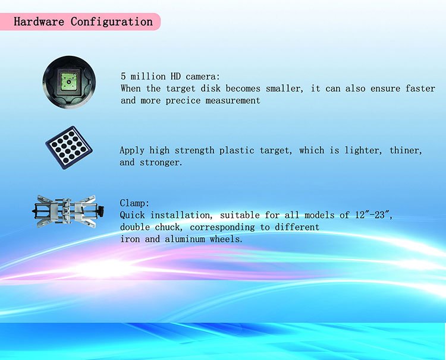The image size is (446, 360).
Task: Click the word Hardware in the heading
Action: [39, 21]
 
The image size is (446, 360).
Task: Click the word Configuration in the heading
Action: [112, 21]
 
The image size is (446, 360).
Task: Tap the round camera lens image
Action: [69, 82]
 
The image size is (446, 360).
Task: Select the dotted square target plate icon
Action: [69, 148]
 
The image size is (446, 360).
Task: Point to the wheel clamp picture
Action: [68, 211]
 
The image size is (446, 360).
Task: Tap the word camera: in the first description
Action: [203, 77]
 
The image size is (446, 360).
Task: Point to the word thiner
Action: [406, 150]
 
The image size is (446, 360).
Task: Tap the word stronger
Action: [161, 163]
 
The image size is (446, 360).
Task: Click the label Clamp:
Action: [134, 203]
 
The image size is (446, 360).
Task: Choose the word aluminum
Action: [185, 239]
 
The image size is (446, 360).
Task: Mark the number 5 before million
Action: [123, 77]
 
